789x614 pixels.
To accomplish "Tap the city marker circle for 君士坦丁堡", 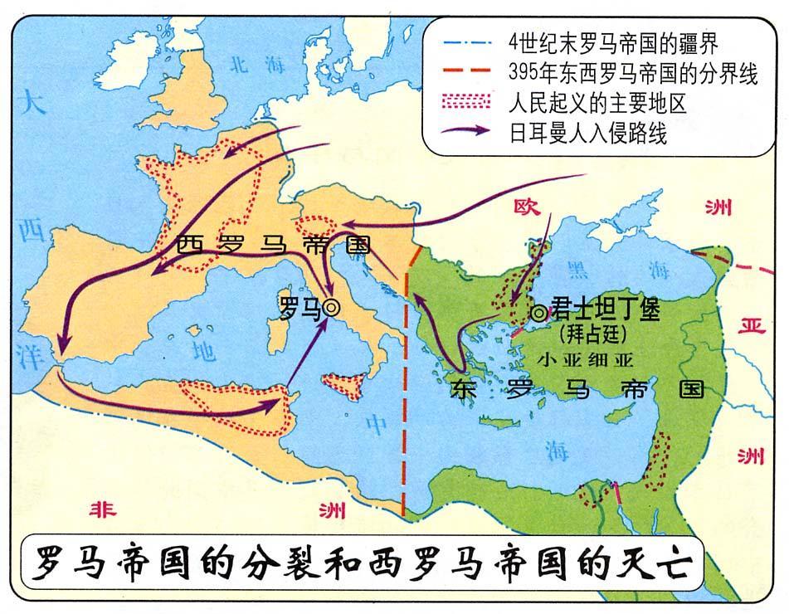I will click(539, 313).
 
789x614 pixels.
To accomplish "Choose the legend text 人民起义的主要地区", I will click(598, 104).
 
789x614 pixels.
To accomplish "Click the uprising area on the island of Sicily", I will click(343, 384).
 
